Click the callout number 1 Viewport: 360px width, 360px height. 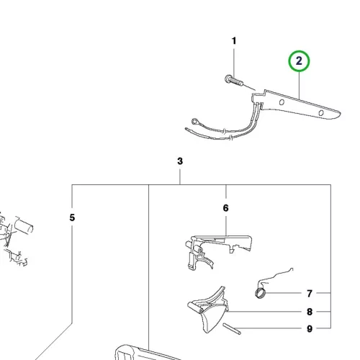234,41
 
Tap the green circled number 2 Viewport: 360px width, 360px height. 299,61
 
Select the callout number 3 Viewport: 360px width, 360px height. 180,161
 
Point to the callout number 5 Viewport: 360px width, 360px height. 72,217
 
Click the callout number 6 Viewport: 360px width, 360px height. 225,208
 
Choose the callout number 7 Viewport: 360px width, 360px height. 310,293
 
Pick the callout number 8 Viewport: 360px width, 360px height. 310,312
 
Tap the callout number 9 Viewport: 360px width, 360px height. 310,328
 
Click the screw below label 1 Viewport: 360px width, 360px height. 234,81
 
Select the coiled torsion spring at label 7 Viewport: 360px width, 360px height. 261,293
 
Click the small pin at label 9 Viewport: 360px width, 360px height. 232,328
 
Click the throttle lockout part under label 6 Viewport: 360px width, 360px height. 217,250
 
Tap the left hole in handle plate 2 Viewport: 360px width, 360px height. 282,102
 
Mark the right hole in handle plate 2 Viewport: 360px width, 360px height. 321,113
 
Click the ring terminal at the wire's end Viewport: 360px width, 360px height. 194,122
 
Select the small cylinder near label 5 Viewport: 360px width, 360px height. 24,225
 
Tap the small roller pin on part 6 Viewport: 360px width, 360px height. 199,251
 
